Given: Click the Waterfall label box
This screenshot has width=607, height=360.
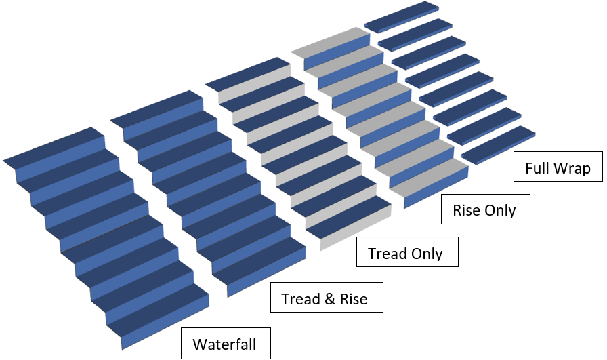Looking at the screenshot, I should [226, 343].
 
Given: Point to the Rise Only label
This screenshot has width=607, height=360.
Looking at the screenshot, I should [484, 210].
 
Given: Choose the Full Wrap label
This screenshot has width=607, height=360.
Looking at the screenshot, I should [558, 167].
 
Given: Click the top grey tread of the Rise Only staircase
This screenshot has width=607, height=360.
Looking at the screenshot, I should [331, 41].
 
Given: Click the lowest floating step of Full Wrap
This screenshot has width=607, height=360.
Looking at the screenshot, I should [497, 142].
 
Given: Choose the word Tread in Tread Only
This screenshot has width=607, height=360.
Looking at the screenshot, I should [387, 254].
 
